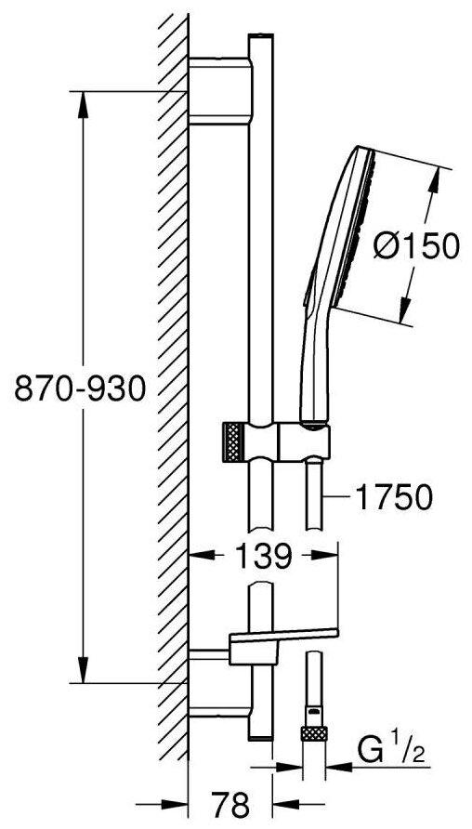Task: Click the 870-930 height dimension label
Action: tap(79, 388)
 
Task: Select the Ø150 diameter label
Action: tap(415, 246)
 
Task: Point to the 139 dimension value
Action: tap(262, 556)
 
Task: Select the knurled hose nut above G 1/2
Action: tap(314, 734)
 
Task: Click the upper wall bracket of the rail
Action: tap(221, 91)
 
